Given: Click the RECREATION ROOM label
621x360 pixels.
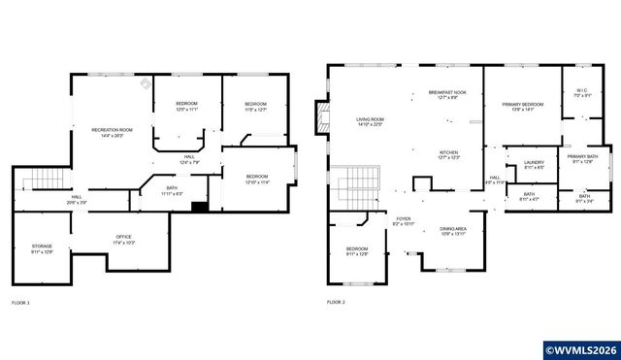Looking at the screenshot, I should tap(112, 132).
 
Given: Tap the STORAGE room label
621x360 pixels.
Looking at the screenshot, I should tap(42, 249).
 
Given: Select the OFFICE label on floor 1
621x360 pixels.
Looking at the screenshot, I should tap(123, 240).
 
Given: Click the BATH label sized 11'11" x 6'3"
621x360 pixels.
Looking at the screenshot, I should tap(171, 190).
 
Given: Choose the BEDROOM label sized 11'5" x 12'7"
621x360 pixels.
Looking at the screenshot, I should tap(255, 107).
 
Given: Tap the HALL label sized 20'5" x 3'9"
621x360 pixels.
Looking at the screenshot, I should tap(76, 200).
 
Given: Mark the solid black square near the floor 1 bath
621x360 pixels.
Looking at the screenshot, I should tap(199, 206).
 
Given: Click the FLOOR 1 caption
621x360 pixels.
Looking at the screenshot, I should tap(20, 303).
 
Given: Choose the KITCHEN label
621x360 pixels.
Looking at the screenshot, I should tap(448, 155).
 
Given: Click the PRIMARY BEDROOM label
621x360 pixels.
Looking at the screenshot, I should tap(522, 107).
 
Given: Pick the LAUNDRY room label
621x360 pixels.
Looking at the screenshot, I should tap(534, 165).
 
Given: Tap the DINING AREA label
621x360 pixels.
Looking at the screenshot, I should tap(453, 231).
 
